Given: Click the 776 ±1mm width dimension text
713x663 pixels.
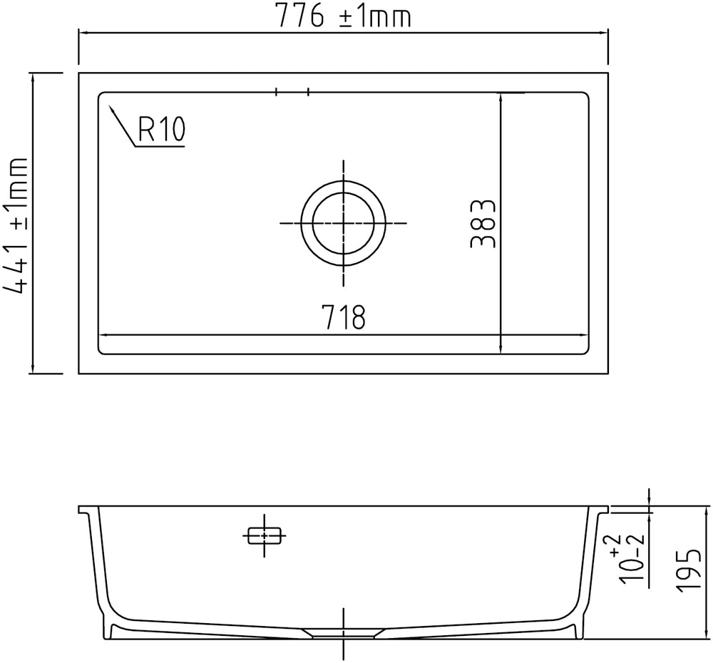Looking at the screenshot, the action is (344, 16).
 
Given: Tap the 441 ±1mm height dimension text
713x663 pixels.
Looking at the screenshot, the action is (16, 226).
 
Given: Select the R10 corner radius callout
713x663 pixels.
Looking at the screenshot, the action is (161, 129).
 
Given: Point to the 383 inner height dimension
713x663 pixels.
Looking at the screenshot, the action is (482, 223).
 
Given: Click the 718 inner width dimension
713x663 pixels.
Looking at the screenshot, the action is (344, 317).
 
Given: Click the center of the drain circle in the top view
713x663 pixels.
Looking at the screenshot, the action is (344, 223).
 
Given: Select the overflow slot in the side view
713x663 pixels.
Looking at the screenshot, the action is (265, 535).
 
